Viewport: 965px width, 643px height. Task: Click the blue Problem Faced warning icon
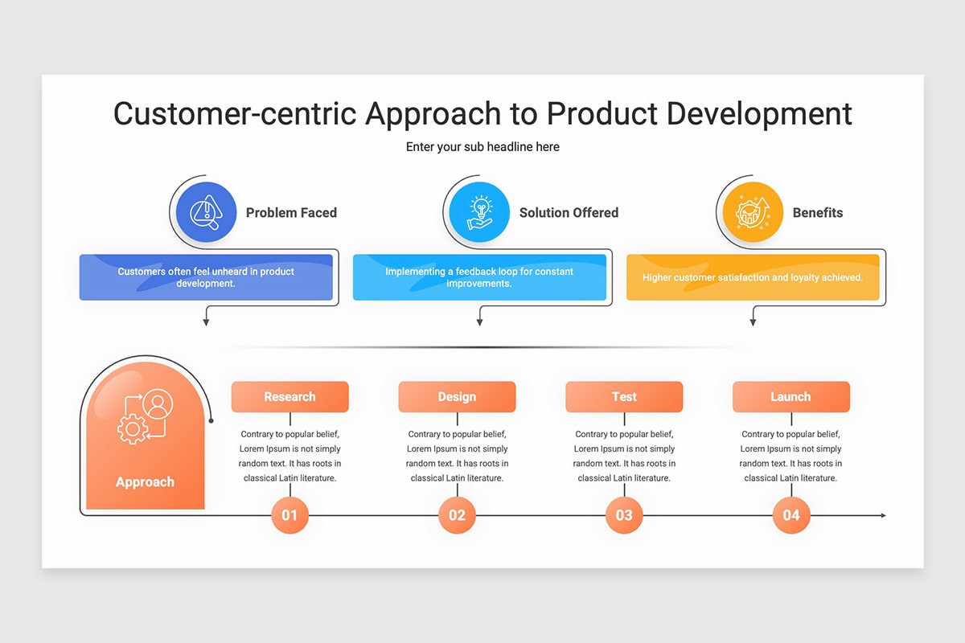(206, 212)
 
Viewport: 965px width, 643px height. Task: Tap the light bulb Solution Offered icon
(479, 212)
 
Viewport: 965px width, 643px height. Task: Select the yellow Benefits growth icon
(753, 212)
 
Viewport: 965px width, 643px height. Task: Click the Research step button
(289, 397)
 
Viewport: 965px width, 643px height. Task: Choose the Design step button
(457, 397)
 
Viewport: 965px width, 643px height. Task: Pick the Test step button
(624, 397)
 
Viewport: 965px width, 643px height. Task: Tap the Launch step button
(790, 397)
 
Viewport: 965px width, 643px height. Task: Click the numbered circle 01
(289, 515)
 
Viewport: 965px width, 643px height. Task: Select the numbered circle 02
(457, 515)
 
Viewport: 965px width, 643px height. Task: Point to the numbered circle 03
(624, 515)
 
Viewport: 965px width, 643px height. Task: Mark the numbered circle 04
(791, 515)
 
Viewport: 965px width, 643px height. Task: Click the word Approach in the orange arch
(145, 482)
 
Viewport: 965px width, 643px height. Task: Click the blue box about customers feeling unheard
(206, 277)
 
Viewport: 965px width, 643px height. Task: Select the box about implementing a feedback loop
(479, 277)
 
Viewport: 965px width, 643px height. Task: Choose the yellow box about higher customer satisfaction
(753, 277)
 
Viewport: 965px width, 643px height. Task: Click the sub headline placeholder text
(482, 147)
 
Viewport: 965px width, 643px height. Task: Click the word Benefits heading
(818, 213)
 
